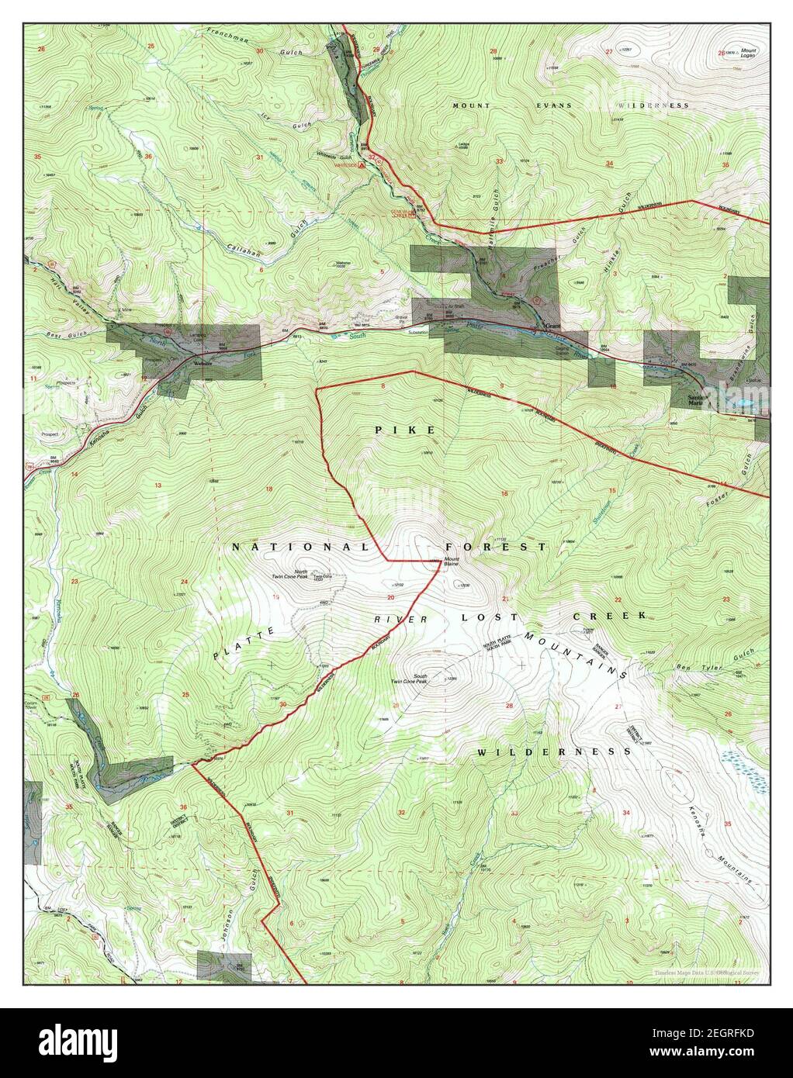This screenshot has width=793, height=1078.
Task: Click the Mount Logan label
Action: click(x=749, y=54)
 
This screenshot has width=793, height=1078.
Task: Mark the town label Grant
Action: click(x=552, y=327)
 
